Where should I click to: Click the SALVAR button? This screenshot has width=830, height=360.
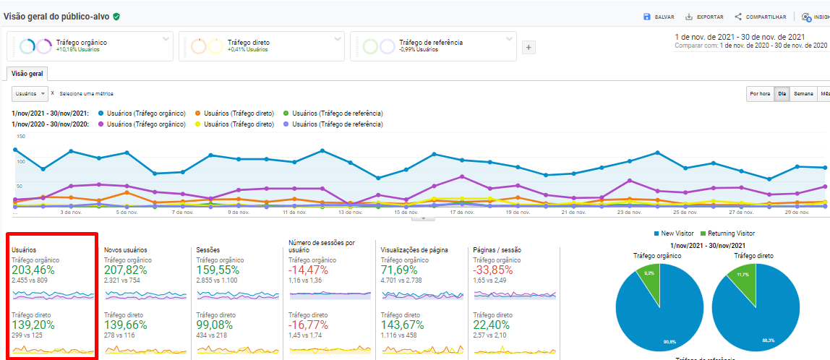[x=659, y=17]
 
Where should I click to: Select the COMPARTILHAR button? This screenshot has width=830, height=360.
[x=760, y=17]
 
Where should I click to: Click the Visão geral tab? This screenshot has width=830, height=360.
[x=27, y=74]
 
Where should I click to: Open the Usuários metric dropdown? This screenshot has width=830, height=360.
[x=30, y=93]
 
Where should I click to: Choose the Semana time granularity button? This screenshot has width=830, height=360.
[x=803, y=93]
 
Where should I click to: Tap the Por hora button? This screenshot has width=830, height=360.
[x=760, y=93]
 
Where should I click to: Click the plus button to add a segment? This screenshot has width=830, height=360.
[x=529, y=48]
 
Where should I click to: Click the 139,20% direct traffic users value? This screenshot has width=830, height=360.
[x=35, y=326]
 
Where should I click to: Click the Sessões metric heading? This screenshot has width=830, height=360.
[x=208, y=249]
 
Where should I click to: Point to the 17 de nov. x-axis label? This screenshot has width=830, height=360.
[x=461, y=213]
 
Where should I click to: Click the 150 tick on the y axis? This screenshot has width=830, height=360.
[x=21, y=136]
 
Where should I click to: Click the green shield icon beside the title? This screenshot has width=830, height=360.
[x=116, y=16]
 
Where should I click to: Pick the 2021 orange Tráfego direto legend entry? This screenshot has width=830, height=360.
[x=235, y=113]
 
